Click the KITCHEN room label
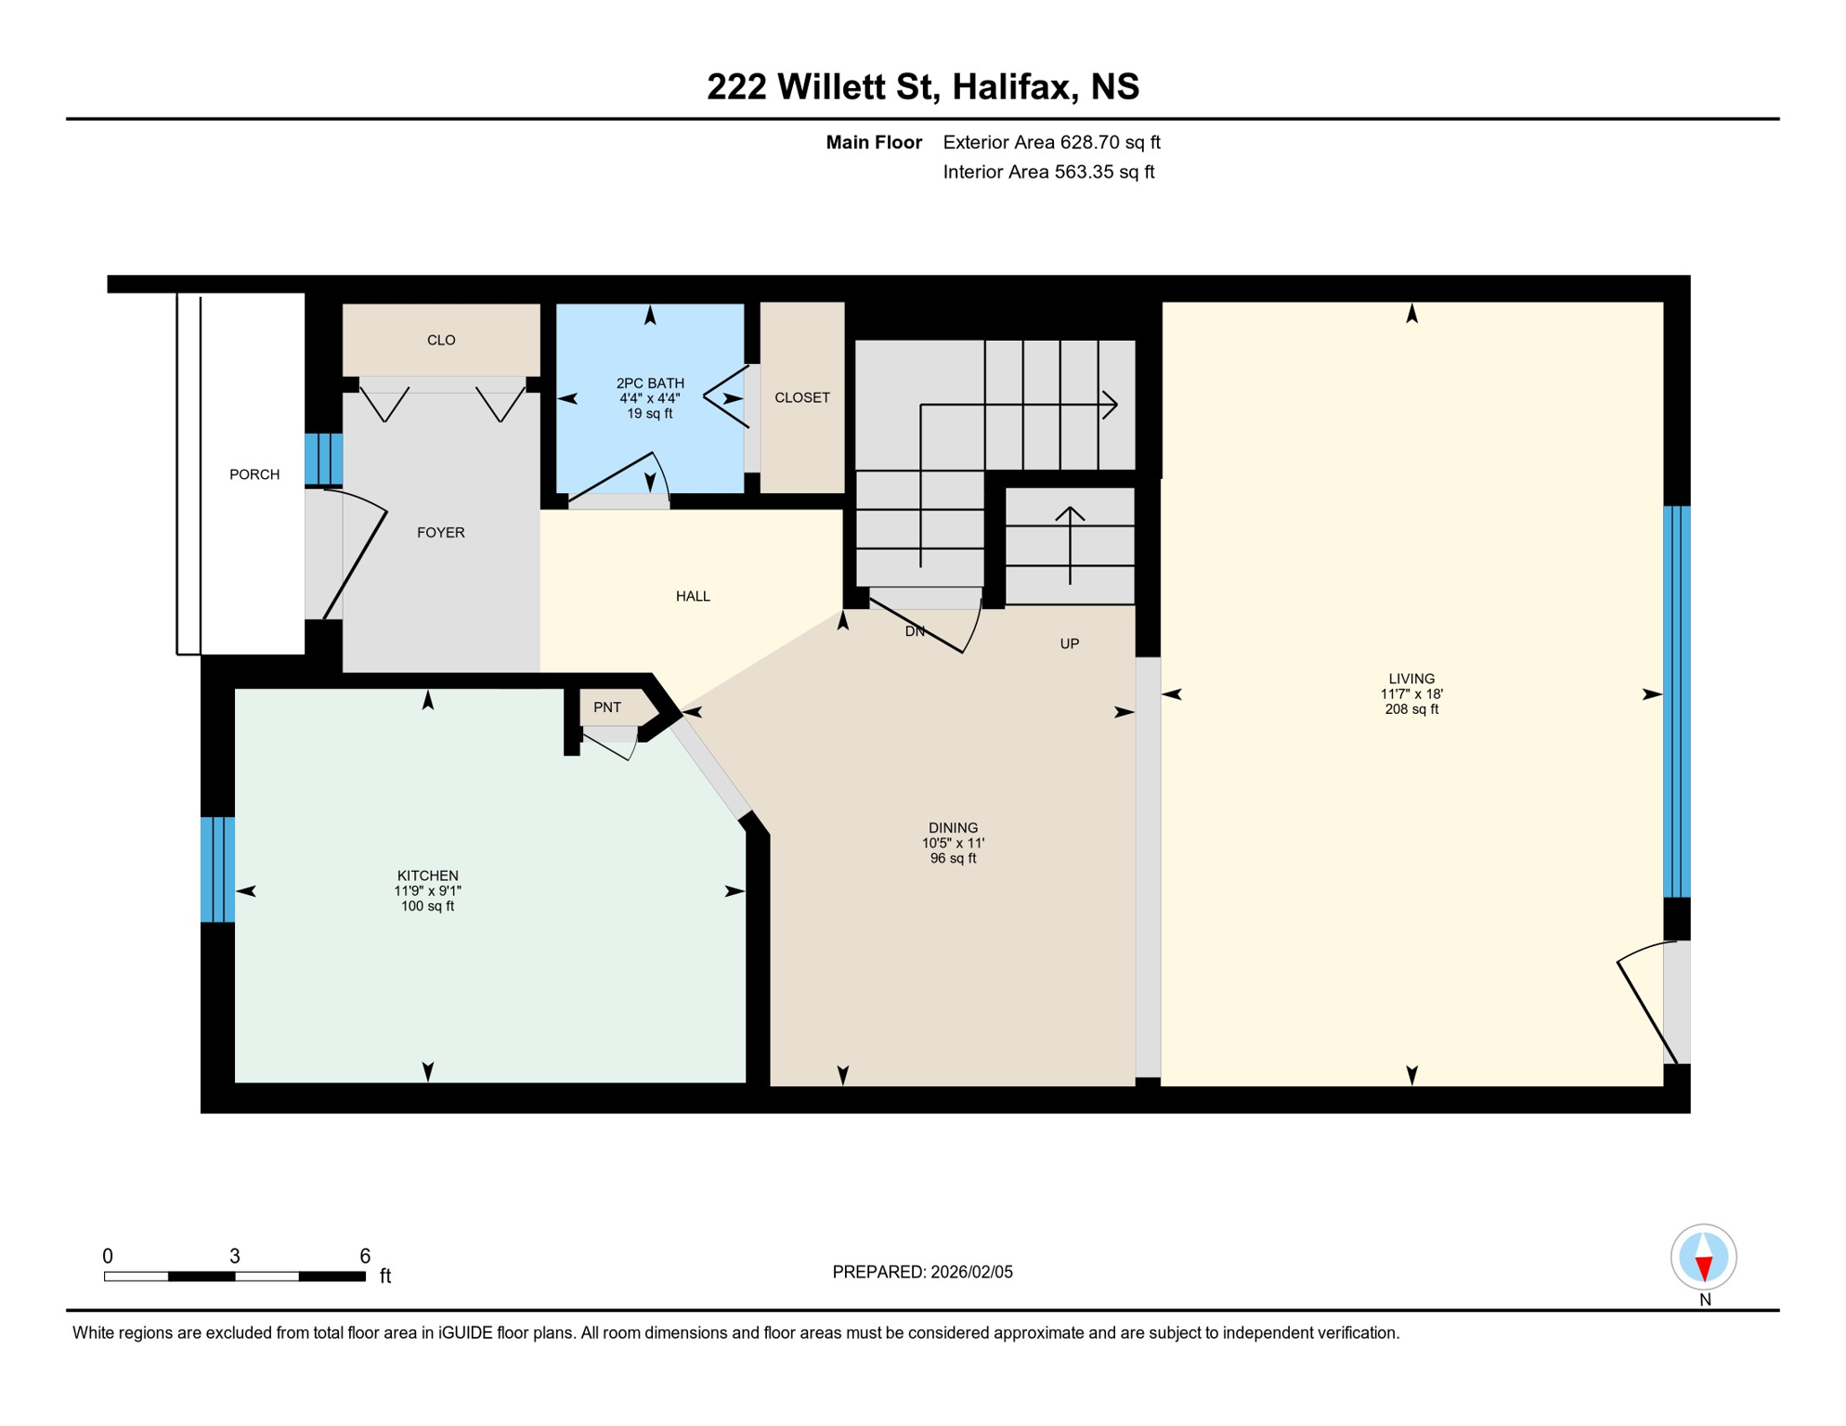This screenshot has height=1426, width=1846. (427, 875)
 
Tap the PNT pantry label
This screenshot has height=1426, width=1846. (606, 707)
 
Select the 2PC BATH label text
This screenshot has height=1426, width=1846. (650, 383)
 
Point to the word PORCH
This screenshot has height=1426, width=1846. (254, 474)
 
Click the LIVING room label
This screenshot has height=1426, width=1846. (1411, 679)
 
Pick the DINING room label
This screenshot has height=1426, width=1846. (953, 828)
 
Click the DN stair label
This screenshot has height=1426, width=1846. (915, 631)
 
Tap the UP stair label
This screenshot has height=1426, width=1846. (1069, 643)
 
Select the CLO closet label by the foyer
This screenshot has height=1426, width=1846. (441, 341)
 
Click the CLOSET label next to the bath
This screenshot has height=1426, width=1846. (802, 397)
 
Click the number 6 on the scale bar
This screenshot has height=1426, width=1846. (365, 1256)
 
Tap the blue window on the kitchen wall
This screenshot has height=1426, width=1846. (217, 869)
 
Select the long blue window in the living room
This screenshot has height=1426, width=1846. (1676, 701)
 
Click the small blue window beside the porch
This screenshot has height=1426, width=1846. (323, 459)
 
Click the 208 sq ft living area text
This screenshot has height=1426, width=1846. (1411, 709)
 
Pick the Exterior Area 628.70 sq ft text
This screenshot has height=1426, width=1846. (1051, 142)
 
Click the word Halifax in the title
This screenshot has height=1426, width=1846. (1015, 86)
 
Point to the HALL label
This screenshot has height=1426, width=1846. (693, 596)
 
